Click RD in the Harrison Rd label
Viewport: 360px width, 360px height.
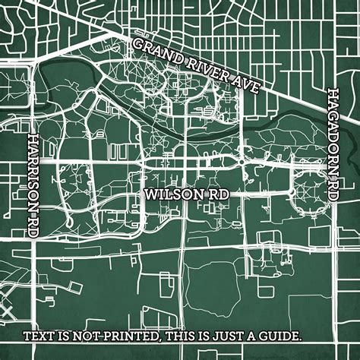click(33, 227)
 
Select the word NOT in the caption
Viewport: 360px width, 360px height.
click(97, 336)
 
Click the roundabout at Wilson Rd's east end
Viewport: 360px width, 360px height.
click(242, 161)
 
